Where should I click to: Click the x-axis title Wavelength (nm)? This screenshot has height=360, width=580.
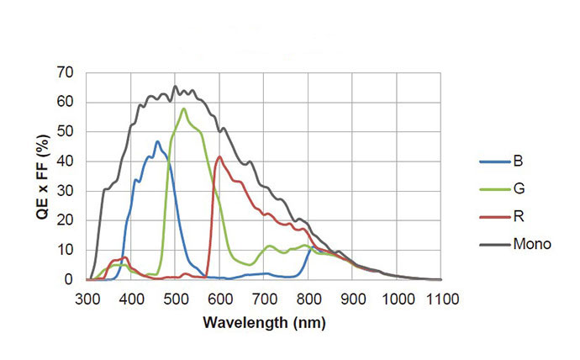(265, 323)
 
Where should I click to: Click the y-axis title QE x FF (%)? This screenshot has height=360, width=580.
(40, 174)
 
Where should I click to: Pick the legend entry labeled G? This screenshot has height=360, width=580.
(519, 189)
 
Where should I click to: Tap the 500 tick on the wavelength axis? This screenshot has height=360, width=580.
(176, 297)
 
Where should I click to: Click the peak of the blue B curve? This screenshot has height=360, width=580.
(157, 141)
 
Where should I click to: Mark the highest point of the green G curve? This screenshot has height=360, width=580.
(183, 109)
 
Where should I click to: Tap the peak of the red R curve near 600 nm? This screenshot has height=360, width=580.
(219, 156)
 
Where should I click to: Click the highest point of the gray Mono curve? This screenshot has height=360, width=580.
(175, 86)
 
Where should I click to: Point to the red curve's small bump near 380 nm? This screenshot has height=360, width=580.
(124, 257)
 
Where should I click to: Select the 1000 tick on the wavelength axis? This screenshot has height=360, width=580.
(398, 297)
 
